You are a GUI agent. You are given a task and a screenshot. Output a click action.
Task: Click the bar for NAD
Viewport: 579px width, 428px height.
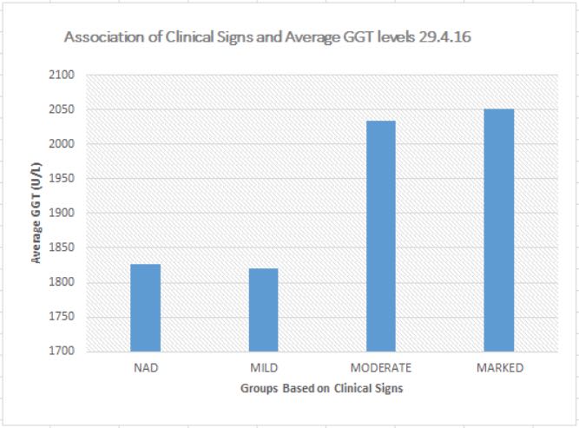click(145, 308)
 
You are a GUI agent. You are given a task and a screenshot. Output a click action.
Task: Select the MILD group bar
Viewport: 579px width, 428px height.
click(263, 311)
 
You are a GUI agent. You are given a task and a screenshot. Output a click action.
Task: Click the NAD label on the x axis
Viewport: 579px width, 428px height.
click(145, 367)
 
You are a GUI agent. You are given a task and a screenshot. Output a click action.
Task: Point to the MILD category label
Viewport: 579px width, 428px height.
click(263, 367)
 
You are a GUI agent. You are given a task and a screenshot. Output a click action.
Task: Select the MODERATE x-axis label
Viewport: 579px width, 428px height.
click(381, 367)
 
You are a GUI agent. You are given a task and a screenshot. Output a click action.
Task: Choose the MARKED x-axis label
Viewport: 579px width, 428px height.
click(499, 367)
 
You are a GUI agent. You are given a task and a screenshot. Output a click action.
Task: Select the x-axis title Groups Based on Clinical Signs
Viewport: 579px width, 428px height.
click(321, 389)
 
